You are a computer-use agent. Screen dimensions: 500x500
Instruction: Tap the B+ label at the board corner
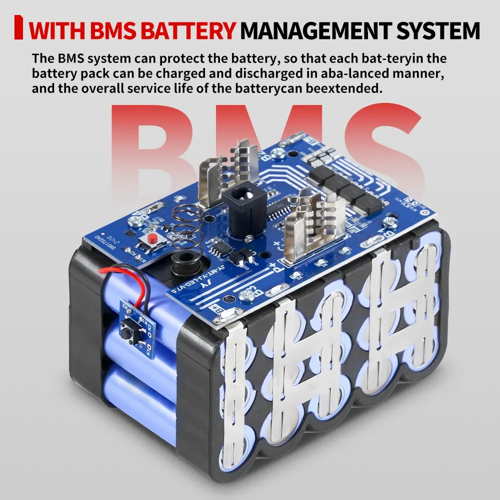click(x=216, y=308)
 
